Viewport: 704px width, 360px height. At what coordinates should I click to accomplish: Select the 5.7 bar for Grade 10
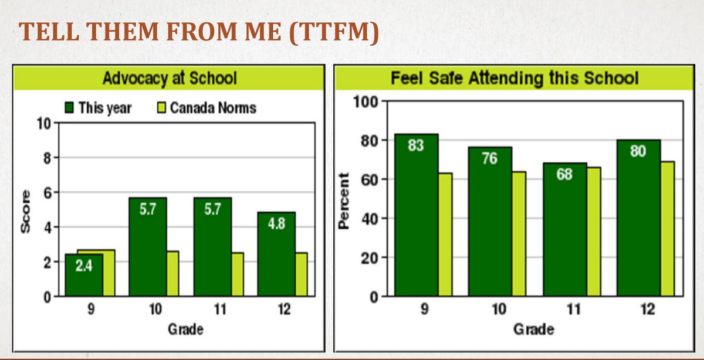pos(147,246)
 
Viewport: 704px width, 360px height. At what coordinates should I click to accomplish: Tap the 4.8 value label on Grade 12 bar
pos(276,224)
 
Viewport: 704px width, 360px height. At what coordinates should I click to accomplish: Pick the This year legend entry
pos(98,108)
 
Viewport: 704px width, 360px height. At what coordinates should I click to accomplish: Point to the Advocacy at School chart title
pos(170,78)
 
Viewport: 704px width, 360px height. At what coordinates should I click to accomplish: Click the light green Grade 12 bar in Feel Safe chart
pos(667,229)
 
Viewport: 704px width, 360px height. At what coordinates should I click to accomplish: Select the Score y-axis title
pos(25,212)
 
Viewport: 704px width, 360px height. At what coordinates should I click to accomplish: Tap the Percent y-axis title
pos(344,199)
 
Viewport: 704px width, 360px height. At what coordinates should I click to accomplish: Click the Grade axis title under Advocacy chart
pos(185,329)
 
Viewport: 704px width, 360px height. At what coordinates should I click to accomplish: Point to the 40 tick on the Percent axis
pos(368,219)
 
